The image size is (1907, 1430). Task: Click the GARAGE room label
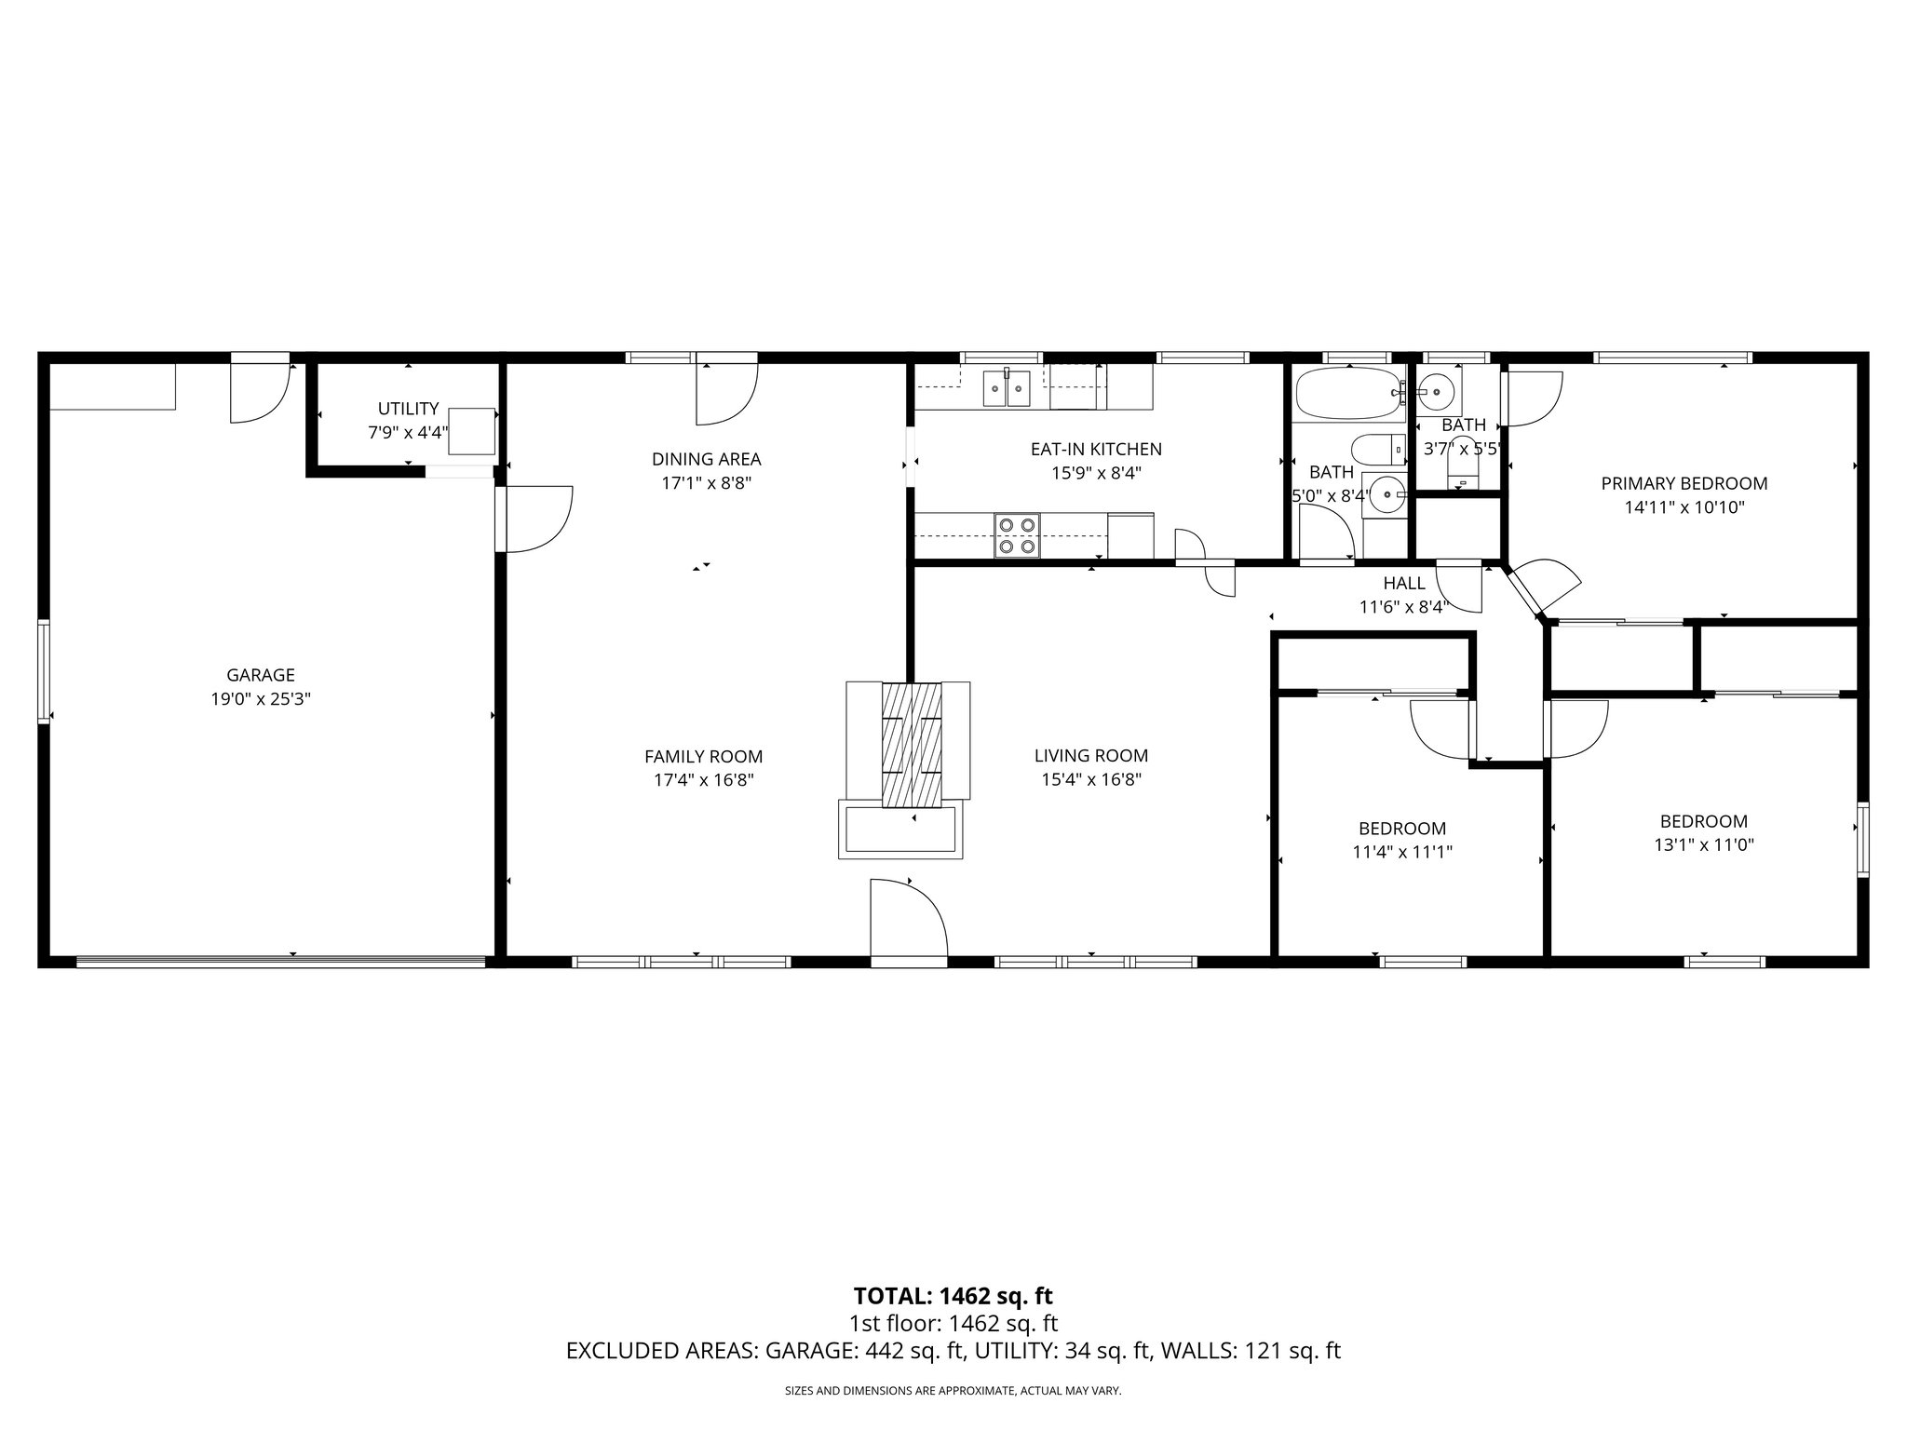(261, 675)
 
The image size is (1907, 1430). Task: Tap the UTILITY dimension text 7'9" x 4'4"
(408, 433)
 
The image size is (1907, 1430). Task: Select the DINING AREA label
(706, 459)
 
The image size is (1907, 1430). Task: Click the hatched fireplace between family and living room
(912, 745)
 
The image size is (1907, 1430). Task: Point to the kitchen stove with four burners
(1017, 535)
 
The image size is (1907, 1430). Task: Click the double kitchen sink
(1008, 388)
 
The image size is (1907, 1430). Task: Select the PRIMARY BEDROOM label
(1684, 483)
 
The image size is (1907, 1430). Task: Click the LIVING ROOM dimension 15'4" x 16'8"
(1091, 780)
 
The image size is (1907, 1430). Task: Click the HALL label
(1403, 584)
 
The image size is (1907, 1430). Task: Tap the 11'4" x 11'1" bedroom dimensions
(1402, 852)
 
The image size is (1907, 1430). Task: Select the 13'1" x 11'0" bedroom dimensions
(1704, 845)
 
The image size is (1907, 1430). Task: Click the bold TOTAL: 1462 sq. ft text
(953, 1296)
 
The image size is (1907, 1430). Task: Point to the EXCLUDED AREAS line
(953, 1351)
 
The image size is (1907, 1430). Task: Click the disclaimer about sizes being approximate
(953, 1390)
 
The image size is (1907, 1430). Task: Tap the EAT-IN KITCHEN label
(1096, 449)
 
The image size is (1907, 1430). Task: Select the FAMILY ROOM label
(703, 757)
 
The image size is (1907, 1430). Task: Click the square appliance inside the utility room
(472, 431)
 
